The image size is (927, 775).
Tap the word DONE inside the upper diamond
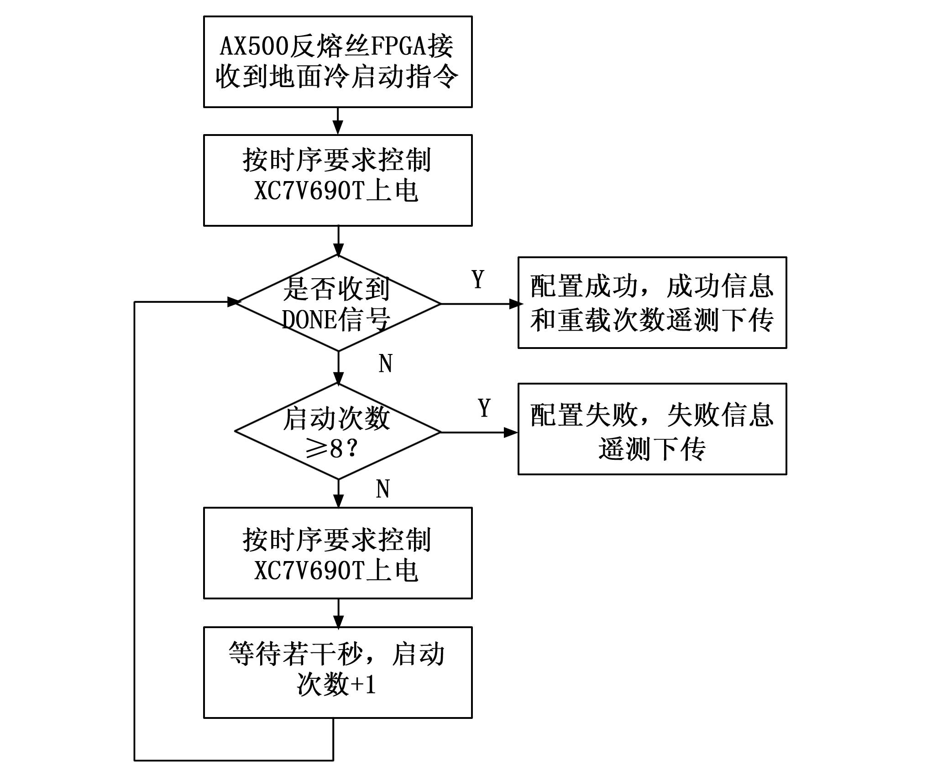309,319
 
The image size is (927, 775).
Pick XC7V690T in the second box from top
309,191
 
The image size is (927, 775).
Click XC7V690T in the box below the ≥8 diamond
309,570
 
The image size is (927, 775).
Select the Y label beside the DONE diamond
477,280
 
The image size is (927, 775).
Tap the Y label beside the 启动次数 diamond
484,408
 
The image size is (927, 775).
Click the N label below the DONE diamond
385,364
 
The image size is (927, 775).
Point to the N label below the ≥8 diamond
382,489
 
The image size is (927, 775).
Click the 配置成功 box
652,303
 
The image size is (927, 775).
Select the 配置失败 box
652,429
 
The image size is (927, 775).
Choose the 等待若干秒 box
338,672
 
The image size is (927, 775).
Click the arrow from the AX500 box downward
338,121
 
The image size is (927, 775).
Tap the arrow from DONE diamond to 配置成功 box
479,304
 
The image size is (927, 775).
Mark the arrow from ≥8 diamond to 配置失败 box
479,432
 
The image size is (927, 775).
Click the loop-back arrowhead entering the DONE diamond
233,302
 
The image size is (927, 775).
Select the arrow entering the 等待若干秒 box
338,614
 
